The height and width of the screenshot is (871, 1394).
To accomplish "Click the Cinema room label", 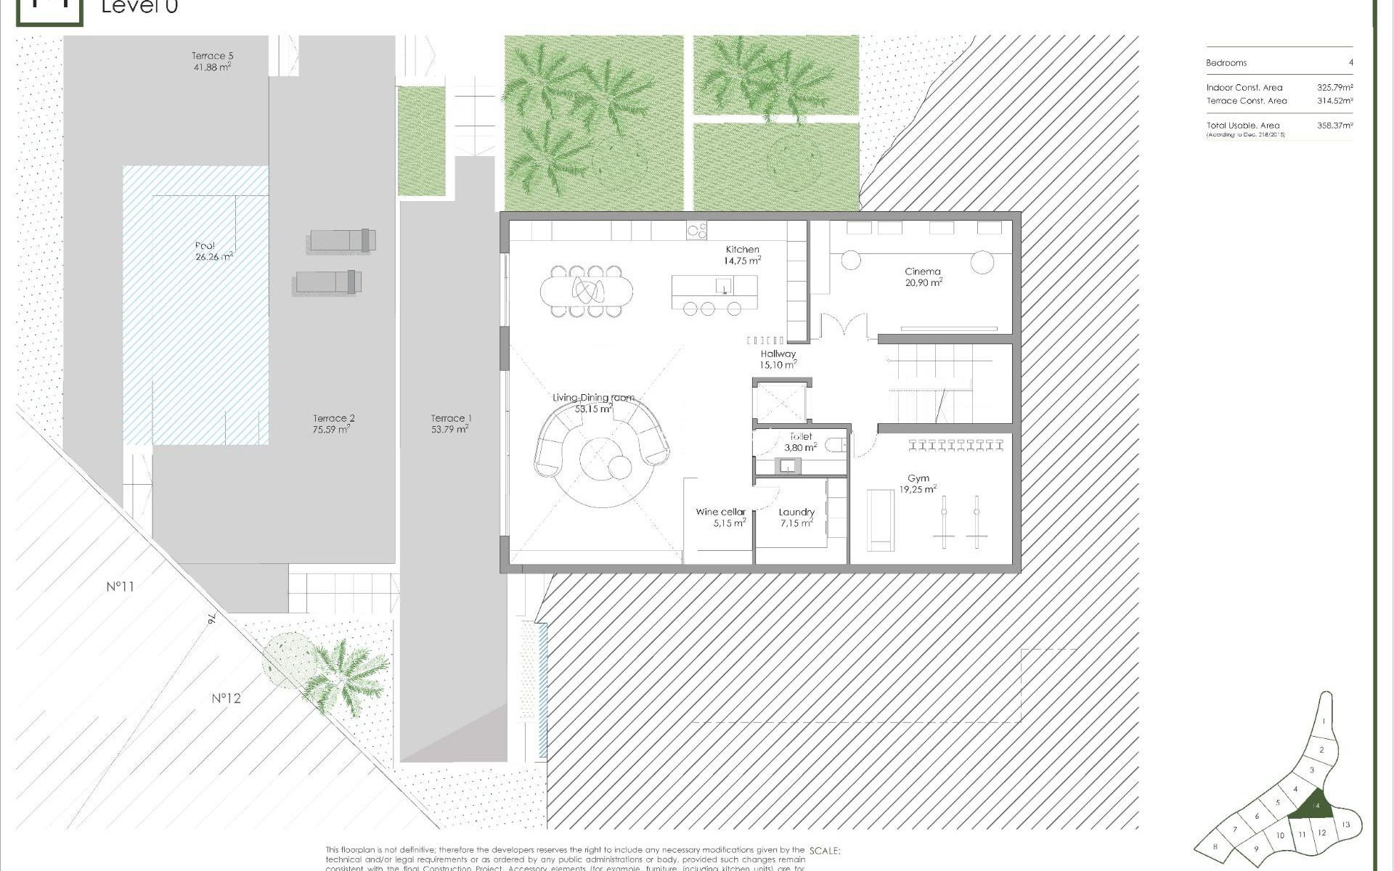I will pyautogui.click(x=923, y=271).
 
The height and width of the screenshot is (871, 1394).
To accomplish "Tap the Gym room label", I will pyautogui.click(x=918, y=478).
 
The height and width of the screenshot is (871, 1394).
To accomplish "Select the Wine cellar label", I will pyautogui.click(x=720, y=512).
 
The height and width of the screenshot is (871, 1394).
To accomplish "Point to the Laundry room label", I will pyautogui.click(x=796, y=512).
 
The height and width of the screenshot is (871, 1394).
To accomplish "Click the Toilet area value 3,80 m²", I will pyautogui.click(x=800, y=448).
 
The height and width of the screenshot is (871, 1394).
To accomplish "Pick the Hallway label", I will pyautogui.click(x=778, y=353).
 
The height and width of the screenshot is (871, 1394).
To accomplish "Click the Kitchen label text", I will pyautogui.click(x=742, y=249).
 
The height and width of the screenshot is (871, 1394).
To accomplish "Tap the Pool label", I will pyautogui.click(x=205, y=245).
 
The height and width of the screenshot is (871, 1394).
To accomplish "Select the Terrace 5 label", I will pyautogui.click(x=212, y=55).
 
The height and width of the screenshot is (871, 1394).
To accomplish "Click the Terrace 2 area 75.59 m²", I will pyautogui.click(x=331, y=430).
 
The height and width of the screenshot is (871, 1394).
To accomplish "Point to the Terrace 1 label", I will pyautogui.click(x=451, y=418).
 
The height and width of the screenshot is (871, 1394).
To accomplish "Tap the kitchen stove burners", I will pyautogui.click(x=697, y=231).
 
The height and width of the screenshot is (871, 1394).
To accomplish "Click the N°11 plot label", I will pyautogui.click(x=121, y=586).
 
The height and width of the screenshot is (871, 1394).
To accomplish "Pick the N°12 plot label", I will pyautogui.click(x=226, y=698).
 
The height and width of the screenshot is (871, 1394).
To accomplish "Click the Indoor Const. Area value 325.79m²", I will pyautogui.click(x=1334, y=88).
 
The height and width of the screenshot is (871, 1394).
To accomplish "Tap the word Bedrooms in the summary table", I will pyautogui.click(x=1226, y=63).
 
